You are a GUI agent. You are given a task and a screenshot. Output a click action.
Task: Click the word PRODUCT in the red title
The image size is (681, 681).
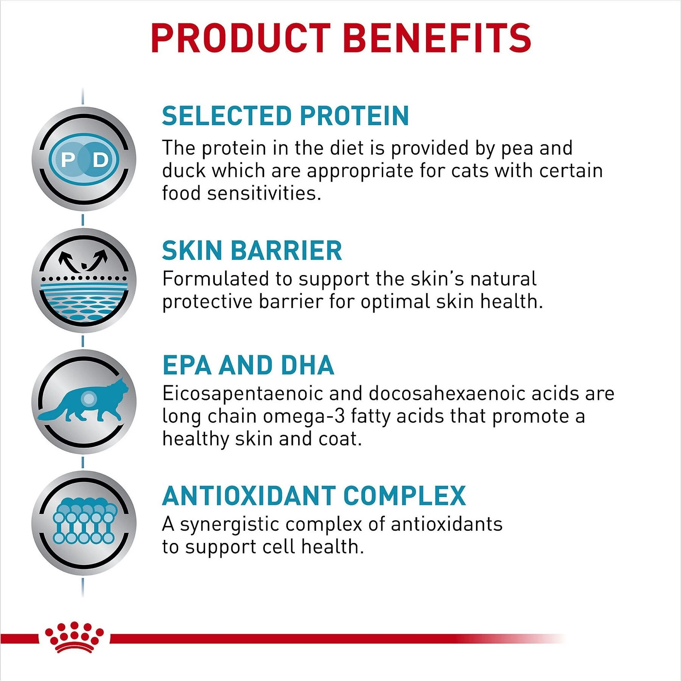click(x=241, y=38)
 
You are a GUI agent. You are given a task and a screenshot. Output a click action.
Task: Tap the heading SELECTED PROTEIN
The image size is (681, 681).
click(x=285, y=116)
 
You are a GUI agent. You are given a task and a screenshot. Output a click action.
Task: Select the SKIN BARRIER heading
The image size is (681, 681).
click(x=252, y=251)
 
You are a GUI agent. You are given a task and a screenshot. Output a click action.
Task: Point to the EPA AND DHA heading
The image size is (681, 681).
click(x=248, y=365)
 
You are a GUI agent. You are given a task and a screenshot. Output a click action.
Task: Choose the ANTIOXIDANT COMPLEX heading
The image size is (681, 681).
click(x=314, y=496)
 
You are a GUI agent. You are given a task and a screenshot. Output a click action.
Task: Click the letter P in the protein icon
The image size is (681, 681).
click(x=68, y=160)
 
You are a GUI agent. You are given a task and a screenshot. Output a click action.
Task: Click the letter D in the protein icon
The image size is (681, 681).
click(x=101, y=160)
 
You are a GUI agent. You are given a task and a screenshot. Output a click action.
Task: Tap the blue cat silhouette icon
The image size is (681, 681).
click(x=84, y=402)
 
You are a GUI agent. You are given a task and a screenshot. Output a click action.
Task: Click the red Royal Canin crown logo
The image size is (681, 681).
click(x=74, y=637)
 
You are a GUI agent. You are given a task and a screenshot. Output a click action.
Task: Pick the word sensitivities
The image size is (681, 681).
click(x=264, y=193)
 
